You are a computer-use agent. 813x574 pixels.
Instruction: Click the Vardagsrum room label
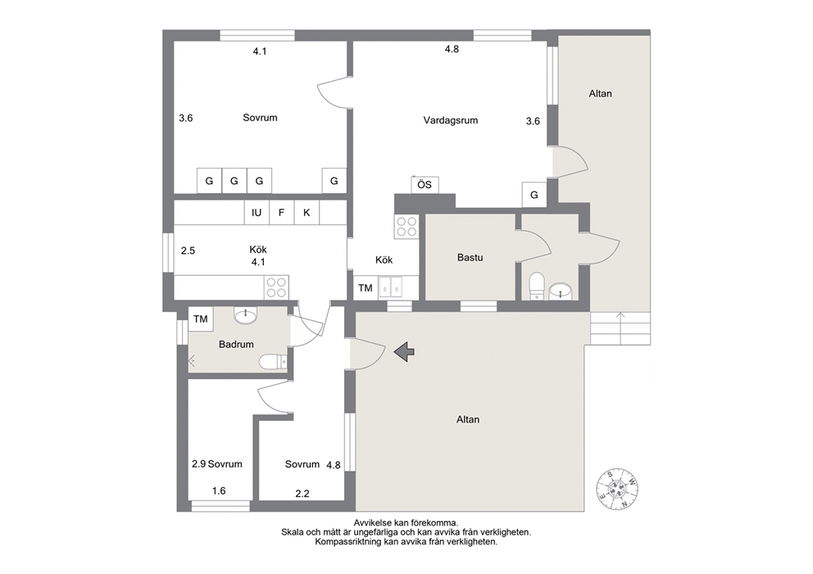(x=450, y=120)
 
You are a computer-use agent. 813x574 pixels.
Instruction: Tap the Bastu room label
(x=470, y=257)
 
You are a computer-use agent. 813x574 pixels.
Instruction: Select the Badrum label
(x=236, y=344)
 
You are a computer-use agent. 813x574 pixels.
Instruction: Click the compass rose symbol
(x=617, y=489)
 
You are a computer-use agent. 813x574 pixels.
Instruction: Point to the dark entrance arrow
(x=404, y=352)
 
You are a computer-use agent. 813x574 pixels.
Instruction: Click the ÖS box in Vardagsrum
(x=425, y=184)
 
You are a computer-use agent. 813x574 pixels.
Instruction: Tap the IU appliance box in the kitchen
(x=257, y=212)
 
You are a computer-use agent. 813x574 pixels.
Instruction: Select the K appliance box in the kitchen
(x=307, y=212)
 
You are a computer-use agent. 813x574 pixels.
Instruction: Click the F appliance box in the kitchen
(x=282, y=212)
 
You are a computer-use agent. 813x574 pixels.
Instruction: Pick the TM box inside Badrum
(x=201, y=319)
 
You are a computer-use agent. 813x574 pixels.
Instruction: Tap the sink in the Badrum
(x=245, y=315)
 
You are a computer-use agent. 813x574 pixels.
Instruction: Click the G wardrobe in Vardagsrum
(x=534, y=195)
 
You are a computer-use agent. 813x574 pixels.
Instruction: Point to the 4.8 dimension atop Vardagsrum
(x=452, y=49)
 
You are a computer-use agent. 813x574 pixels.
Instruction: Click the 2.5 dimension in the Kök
(x=188, y=251)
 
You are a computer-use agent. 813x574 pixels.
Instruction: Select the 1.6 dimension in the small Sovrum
(x=219, y=490)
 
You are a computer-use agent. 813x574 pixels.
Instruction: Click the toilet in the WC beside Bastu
(x=537, y=287)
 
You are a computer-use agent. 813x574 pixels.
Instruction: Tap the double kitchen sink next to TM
(x=390, y=287)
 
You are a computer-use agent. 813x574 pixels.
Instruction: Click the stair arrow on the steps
(x=620, y=327)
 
